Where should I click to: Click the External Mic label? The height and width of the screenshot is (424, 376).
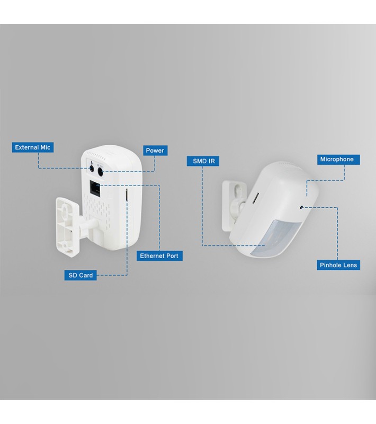32,147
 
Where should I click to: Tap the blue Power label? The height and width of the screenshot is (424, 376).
155,151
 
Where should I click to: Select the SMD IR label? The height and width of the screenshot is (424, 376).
203,161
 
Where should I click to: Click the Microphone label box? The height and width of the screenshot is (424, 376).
338,160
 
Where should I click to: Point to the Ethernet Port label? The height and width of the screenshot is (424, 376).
159,256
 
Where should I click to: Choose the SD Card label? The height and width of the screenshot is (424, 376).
80,275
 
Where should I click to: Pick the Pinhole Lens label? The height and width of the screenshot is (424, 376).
338,265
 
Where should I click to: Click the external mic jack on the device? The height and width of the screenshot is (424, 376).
92,169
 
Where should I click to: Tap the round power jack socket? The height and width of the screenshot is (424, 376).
100,172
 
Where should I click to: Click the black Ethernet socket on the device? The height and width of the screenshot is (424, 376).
95,188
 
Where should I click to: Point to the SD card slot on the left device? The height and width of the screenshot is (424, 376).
126,195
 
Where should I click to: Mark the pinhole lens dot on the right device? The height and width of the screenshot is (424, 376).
301,207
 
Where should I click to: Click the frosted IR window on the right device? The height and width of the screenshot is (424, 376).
273,237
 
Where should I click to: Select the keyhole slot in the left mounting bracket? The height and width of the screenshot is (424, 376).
65,209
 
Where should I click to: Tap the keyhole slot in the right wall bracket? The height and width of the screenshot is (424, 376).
238,189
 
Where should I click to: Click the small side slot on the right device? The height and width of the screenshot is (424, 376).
255,198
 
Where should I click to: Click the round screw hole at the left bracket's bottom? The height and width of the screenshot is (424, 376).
64,245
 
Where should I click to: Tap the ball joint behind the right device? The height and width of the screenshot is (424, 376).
240,208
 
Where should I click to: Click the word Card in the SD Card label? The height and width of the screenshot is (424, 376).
86,275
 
